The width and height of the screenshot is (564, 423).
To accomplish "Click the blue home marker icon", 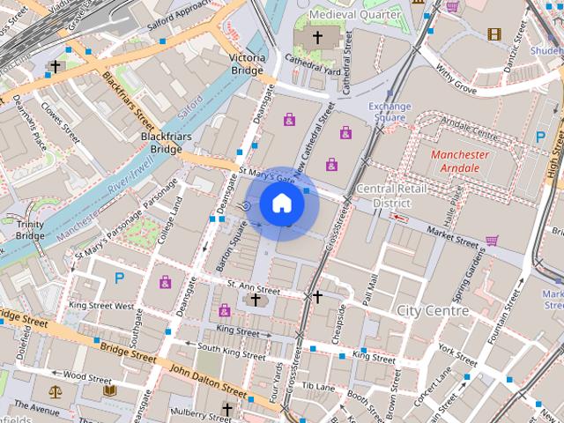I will click(281, 204).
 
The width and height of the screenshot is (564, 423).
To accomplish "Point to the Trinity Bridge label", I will click(30, 230).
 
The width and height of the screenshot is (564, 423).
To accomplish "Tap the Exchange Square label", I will click(390, 112).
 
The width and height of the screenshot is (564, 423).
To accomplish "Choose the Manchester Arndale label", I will click(459, 161).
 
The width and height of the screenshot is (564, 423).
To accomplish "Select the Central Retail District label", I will click(392, 196).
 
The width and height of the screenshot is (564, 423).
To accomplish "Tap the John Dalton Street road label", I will click(208, 380).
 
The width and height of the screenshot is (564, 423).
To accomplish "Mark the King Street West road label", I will click(101, 307).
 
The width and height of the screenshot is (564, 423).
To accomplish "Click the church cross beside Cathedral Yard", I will click(318, 38).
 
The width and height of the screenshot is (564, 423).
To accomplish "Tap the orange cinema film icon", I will click(493, 34).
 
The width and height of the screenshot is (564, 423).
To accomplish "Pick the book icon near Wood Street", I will click(109, 390).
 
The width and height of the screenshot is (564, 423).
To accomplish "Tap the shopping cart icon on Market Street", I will click(492, 240).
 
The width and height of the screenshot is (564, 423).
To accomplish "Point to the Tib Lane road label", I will click(318, 386).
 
